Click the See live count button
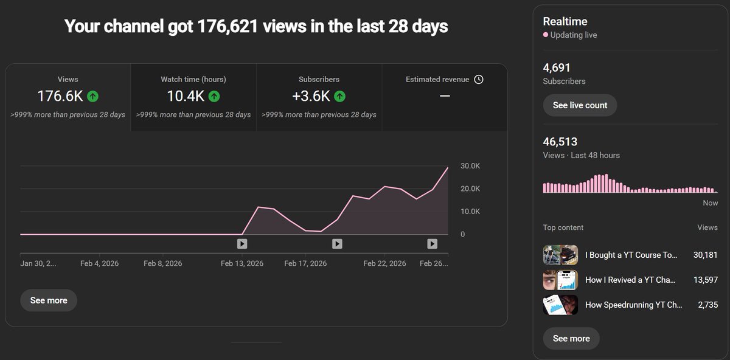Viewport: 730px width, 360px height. [580, 105]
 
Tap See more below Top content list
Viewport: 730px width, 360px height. [571, 338]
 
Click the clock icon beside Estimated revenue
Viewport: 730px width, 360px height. [479, 80]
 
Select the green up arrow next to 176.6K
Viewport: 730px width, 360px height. [92, 96]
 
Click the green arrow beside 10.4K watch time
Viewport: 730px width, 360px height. [214, 96]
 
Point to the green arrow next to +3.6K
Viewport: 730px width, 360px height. [339, 96]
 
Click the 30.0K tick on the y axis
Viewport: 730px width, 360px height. [470, 166]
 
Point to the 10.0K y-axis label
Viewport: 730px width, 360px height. [470, 212]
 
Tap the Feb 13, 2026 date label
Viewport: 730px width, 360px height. [242, 263]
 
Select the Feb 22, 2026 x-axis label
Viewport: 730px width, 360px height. [384, 263]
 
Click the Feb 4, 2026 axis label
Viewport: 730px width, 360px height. [99, 263]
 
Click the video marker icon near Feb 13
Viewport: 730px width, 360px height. [242, 244]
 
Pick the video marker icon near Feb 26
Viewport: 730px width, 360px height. [432, 244]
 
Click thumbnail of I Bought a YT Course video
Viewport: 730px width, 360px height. [560, 255]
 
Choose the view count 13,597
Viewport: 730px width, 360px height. [706, 280]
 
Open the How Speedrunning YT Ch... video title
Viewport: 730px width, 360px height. [633, 305]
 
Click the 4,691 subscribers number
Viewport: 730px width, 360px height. [557, 67]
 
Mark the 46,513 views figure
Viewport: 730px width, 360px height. [560, 142]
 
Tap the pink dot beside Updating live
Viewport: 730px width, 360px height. [546, 35]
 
